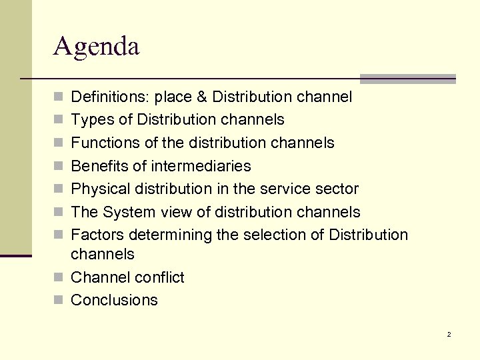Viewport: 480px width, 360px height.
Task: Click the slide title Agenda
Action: (97, 47)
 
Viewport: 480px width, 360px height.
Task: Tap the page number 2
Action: (449, 334)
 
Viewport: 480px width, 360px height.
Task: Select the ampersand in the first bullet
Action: (203, 97)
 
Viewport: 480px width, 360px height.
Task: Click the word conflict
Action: (159, 277)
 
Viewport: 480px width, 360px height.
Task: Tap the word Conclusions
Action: (114, 300)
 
